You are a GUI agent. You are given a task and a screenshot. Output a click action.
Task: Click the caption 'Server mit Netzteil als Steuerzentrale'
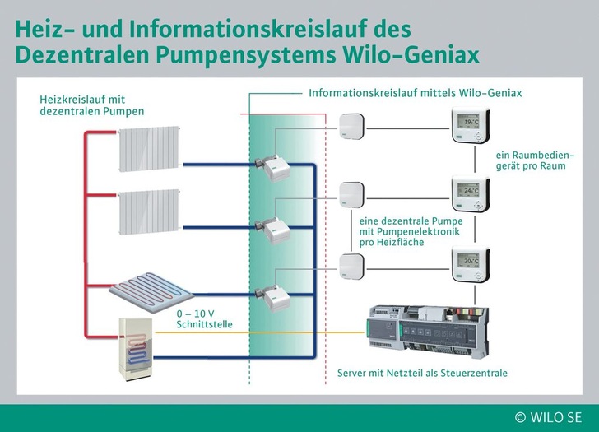[x=422, y=373]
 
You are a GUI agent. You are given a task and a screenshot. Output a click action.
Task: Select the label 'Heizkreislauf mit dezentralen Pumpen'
[x=91, y=105]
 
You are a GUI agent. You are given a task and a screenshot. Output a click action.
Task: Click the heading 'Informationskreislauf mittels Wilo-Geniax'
[x=415, y=94]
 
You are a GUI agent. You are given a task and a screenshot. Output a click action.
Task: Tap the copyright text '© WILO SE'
[x=550, y=417]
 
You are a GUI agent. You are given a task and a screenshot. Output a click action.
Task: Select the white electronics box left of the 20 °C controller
[x=351, y=264]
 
